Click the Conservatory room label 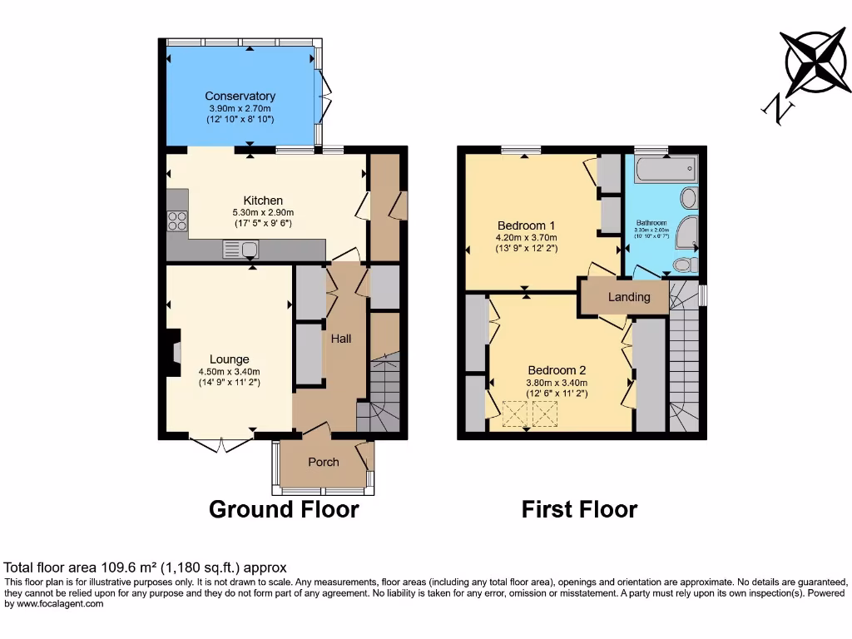pyautogui.click(x=240, y=97)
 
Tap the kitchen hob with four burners pyautogui.click(x=178, y=221)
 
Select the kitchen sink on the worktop pyautogui.click(x=242, y=248)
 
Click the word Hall pyautogui.click(x=341, y=339)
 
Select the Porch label pyautogui.click(x=324, y=463)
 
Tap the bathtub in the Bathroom pyautogui.click(x=664, y=170)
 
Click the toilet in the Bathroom pyautogui.click(x=684, y=265)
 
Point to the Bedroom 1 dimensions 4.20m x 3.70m pyautogui.click(x=526, y=237)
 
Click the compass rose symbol pyautogui.click(x=818, y=62)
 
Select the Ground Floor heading pyautogui.click(x=283, y=509)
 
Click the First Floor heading pyautogui.click(x=579, y=509)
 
